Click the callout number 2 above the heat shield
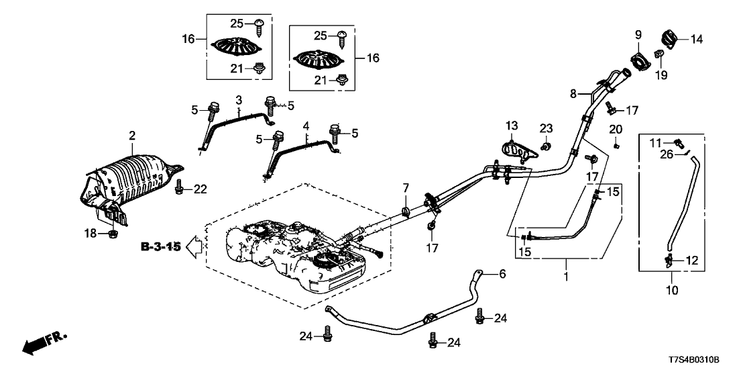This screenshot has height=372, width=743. (131, 136)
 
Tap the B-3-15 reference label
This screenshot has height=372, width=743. (161, 247)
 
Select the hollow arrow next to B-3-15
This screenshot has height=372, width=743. (194, 247)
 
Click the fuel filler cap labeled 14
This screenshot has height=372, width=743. (669, 38)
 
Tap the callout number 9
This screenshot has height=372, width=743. (638, 34)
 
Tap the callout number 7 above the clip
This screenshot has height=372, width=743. (405, 187)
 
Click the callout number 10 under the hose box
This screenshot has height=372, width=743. (672, 291)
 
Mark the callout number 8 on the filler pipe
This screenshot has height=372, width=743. (573, 95)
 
